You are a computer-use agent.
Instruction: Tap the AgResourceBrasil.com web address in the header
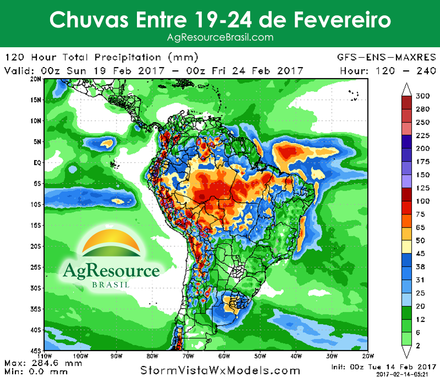[220, 37]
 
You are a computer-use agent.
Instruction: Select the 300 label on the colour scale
[422, 96]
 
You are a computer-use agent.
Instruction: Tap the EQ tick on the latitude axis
[38, 163]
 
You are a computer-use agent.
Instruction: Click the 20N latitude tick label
[36, 79]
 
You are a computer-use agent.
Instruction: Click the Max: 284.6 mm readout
[43, 363]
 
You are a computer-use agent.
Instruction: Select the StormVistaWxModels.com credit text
[221, 370]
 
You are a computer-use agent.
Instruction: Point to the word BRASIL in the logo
[111, 285]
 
